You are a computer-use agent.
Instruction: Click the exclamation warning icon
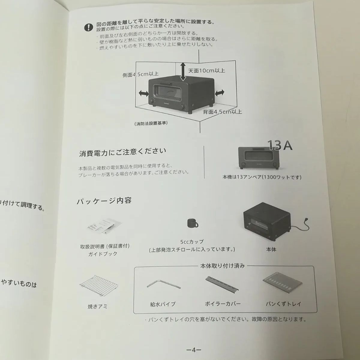pyautogui.click(x=88, y=28)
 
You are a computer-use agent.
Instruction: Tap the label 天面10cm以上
pyautogui.click(x=206, y=70)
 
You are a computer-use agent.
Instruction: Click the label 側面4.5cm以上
pyautogui.click(x=140, y=74)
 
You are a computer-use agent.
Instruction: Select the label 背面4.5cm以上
pyautogui.click(x=222, y=112)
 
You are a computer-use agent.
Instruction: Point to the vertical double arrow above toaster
pyautogui.click(x=183, y=72)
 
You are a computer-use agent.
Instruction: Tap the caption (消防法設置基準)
pyautogui.click(x=151, y=123)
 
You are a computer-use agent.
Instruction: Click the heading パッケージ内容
pyautogui.click(x=104, y=201)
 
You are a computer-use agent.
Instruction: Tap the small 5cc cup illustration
pyautogui.click(x=192, y=223)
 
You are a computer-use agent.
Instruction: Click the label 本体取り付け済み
pyautogui.click(x=222, y=266)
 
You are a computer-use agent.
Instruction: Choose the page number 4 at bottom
pyautogui.click(x=193, y=350)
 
